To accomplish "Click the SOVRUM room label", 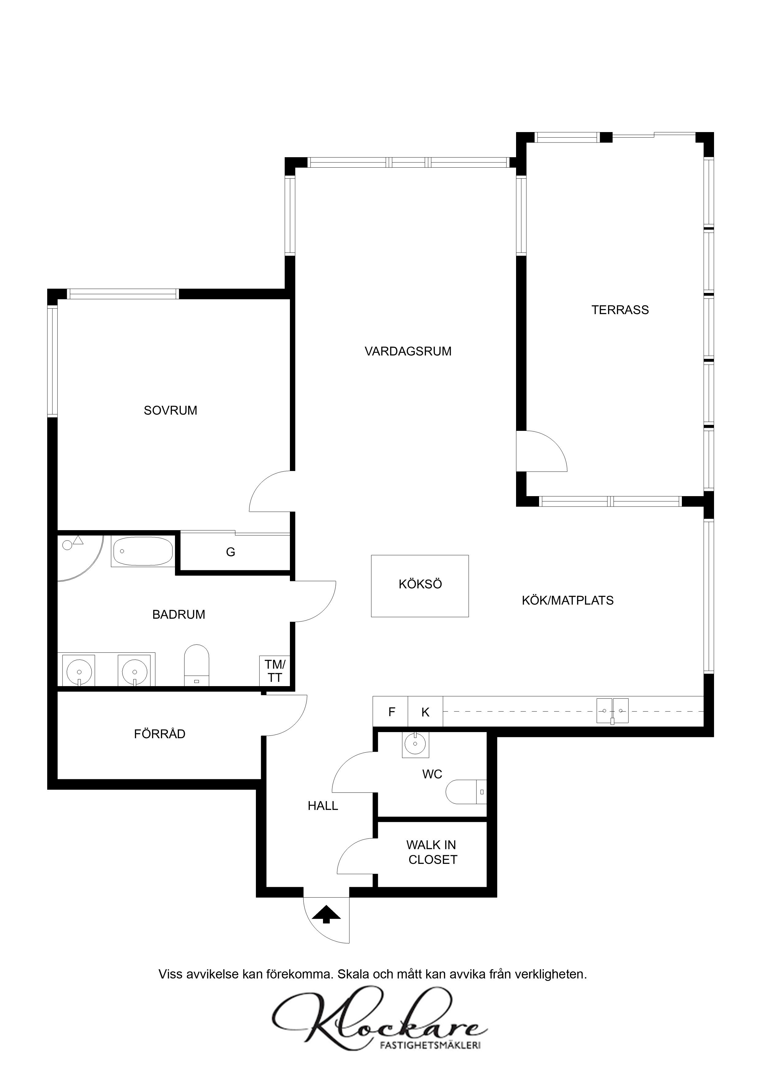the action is tap(170, 411).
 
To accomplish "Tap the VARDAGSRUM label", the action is tap(408, 351).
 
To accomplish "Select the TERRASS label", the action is tap(620, 310).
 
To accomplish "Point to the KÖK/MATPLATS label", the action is tap(568, 601).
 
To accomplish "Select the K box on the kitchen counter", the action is tap(425, 712).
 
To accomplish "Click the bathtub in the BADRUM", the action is tap(143, 551).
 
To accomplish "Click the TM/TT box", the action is tap(275, 671).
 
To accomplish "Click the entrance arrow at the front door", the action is tap(326, 914).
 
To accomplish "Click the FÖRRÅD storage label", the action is tap(160, 733).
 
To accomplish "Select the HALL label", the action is tap(323, 806).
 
